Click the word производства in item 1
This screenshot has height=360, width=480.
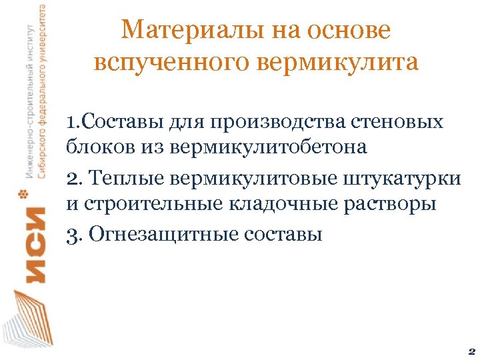point(290,123)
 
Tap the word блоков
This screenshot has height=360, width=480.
point(97,147)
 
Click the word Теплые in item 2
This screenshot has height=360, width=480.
point(127,178)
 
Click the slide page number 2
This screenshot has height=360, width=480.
point(471,350)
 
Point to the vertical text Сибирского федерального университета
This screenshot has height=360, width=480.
point(42,90)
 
